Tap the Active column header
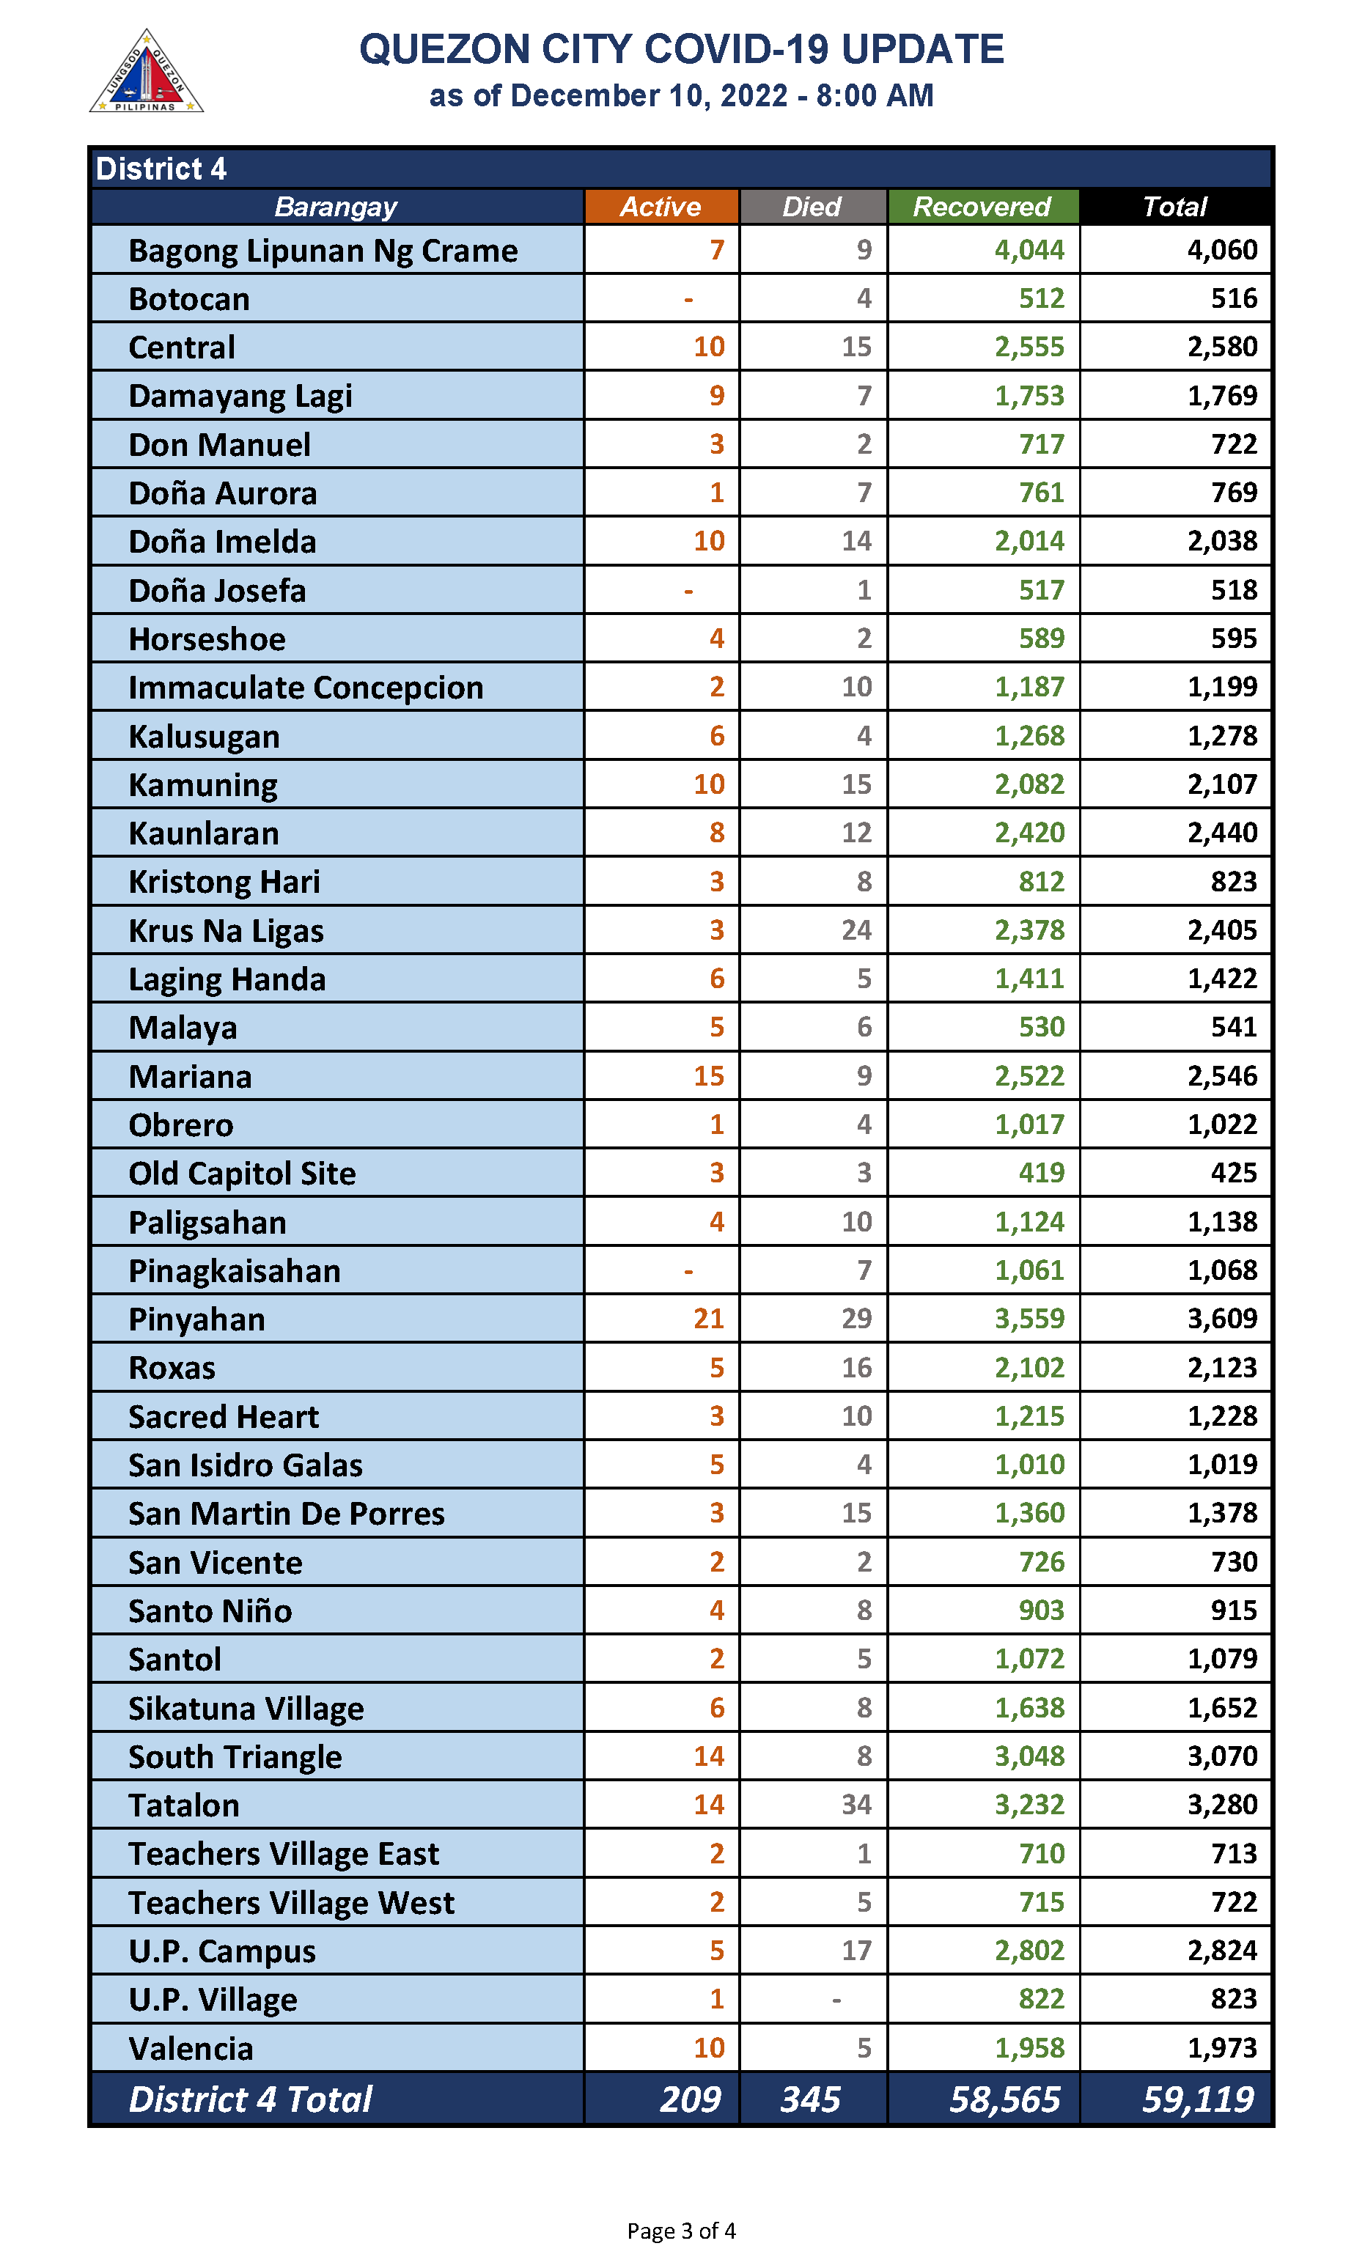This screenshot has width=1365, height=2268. pos(661,207)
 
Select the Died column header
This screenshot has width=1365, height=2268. pos(812,207)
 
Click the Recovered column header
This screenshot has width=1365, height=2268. pos(982,207)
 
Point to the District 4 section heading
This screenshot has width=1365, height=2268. pos(161,169)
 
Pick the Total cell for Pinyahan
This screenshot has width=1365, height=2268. pos(1221,1319)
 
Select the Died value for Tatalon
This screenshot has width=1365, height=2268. pos(856,1805)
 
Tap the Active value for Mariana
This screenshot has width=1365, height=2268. pos(708,1076)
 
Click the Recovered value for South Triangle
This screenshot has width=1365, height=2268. pos(1029,1756)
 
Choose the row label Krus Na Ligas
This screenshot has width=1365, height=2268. pos(227,931)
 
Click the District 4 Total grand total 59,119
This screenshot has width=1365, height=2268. pos(1198,2099)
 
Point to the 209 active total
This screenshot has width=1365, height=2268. pos(690,2099)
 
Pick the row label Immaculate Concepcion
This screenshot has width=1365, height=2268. pos(306,688)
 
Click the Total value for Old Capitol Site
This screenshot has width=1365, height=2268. pos(1234,1173)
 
